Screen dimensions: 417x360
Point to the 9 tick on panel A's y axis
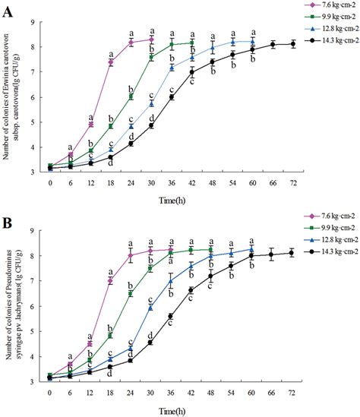[x=41, y=22]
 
